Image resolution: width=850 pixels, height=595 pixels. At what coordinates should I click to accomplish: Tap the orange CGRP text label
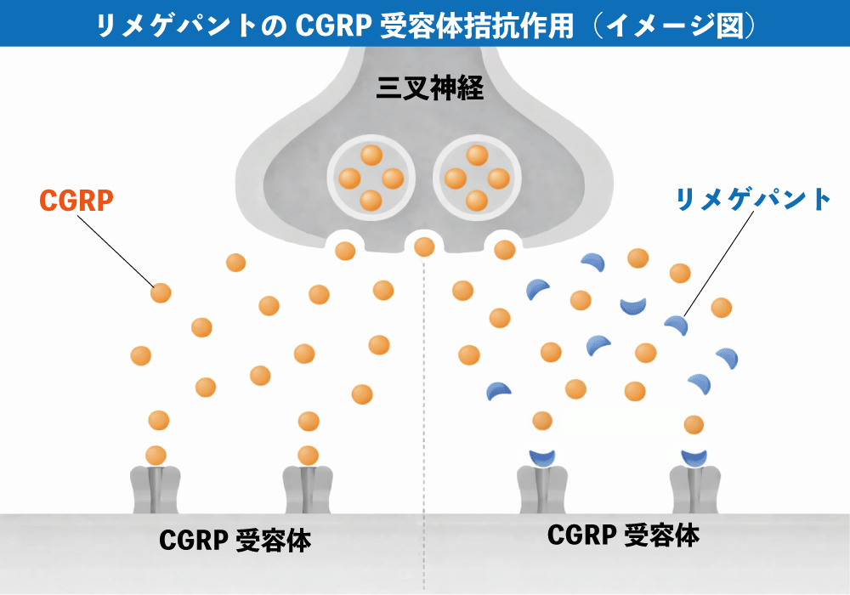tap(76, 201)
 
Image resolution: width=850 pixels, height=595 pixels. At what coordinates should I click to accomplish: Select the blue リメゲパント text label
tap(753, 200)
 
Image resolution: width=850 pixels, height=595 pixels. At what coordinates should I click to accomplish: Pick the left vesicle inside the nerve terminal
tap(370, 178)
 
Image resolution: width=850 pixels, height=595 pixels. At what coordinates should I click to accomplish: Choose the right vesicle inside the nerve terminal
tap(477, 178)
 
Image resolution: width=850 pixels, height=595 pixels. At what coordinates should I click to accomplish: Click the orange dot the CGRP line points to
tap(161, 293)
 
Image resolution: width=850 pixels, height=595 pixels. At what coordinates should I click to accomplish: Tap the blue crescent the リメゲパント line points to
tap(676, 325)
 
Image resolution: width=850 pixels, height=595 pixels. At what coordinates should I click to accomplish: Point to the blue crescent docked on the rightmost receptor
tap(694, 457)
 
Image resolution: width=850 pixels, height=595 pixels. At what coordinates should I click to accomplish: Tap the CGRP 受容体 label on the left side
tap(235, 541)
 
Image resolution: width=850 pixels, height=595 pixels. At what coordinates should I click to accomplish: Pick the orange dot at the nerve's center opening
tap(424, 246)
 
